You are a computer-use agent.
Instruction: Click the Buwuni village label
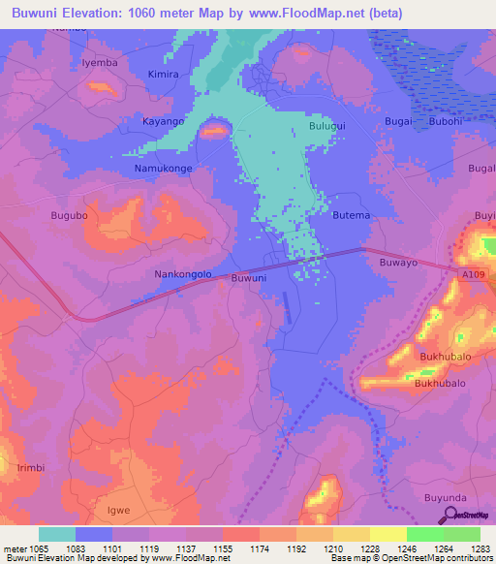point(249,278)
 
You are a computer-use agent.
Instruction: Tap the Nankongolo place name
point(183,274)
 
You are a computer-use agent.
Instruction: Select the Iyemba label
point(100,62)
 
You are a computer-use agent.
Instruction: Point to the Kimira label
point(164,74)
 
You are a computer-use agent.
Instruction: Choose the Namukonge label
point(162,169)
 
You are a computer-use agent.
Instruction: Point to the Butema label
point(351,215)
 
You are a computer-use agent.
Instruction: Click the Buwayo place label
point(398,262)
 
